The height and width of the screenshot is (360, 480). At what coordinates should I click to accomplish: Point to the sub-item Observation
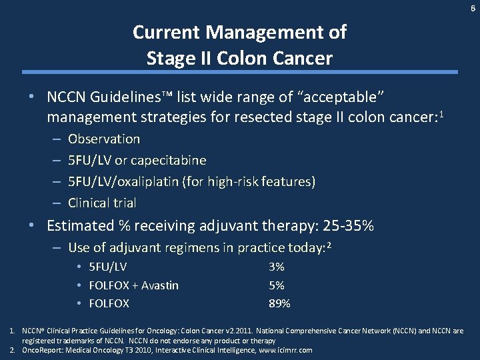104,139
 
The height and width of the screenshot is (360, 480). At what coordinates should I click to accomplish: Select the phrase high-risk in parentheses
247,182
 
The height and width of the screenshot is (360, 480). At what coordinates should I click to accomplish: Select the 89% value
279,304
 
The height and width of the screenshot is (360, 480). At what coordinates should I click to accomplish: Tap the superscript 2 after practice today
329,245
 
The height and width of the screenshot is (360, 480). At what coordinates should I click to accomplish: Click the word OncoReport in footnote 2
41,350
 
